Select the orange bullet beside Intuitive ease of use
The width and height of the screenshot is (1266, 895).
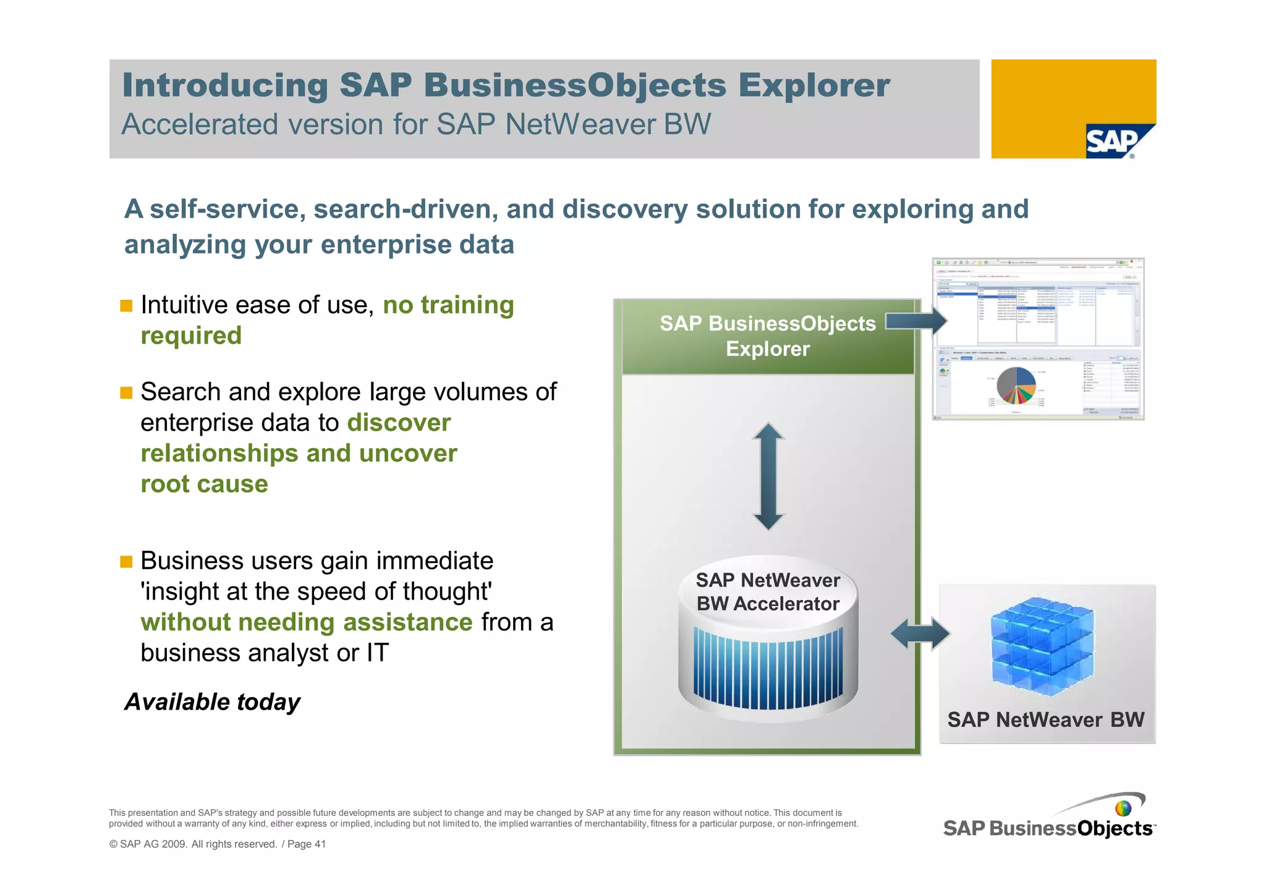click(126, 306)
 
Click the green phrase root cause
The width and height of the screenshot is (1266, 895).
click(204, 484)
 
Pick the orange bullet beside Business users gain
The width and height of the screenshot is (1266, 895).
click(126, 562)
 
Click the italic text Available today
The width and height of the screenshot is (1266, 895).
click(212, 702)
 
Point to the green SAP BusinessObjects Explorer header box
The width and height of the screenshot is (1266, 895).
click(767, 337)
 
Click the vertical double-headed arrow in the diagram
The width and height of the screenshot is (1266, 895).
click(768, 476)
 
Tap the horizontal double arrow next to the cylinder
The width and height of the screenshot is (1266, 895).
click(920, 634)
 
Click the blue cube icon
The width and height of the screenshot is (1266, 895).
click(1042, 646)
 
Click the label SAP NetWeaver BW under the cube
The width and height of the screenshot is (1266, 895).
click(1045, 720)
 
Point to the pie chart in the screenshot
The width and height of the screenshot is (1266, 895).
click(1016, 386)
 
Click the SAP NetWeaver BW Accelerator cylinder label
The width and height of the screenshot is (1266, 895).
click(768, 592)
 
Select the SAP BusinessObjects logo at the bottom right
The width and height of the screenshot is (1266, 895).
click(1048, 822)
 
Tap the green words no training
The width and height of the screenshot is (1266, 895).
click(448, 305)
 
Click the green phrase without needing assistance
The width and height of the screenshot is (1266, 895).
click(306, 622)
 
